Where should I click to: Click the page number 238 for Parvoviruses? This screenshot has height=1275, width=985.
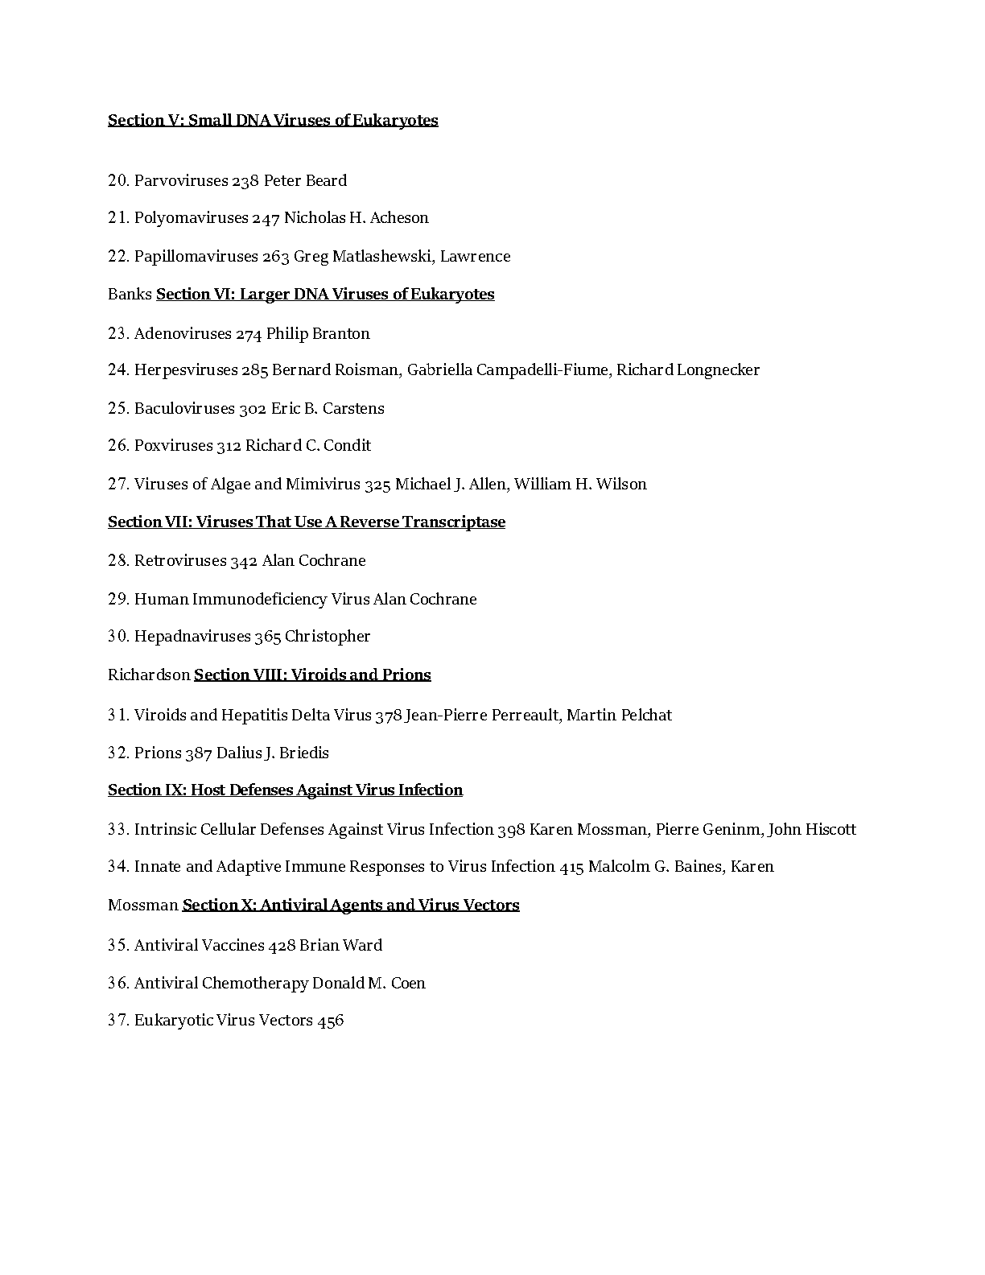[x=245, y=181]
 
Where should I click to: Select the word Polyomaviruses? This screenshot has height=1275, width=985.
[x=191, y=218]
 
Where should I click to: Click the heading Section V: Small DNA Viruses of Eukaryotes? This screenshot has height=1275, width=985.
[x=273, y=121]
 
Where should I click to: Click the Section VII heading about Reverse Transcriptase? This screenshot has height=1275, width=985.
[x=307, y=522]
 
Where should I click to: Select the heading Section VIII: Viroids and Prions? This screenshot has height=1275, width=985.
[x=312, y=675]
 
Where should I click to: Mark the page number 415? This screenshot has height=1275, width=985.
[x=571, y=867]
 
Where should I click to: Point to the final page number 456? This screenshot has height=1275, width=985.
[x=331, y=1021]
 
